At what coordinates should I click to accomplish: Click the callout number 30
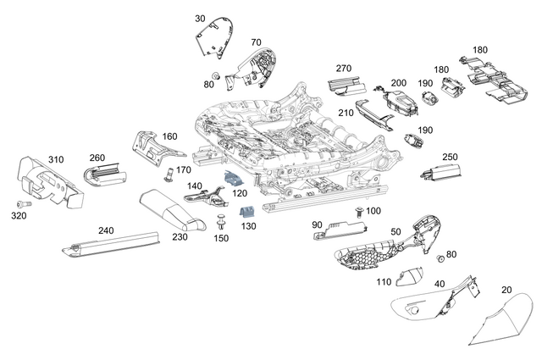point(199,18)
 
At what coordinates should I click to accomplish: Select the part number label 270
point(343,69)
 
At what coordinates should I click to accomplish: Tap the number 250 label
point(450,157)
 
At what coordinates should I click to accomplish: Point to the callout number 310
point(56,159)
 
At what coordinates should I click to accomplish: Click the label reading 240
point(106,230)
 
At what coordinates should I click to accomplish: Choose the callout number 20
point(506,290)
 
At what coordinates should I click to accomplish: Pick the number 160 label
point(169,136)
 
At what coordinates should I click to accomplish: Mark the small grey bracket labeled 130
point(247,211)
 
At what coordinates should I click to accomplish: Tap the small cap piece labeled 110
point(412,276)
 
